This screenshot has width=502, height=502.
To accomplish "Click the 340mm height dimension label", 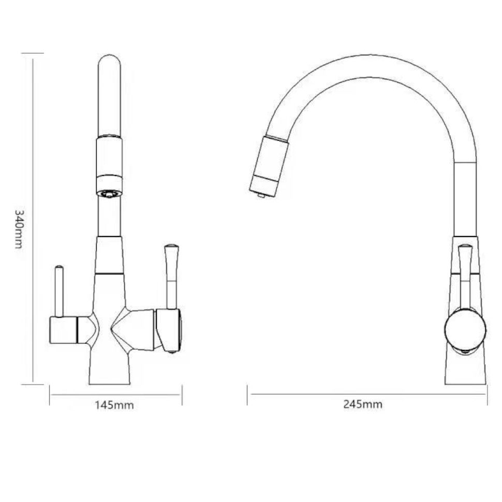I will [x=19, y=228].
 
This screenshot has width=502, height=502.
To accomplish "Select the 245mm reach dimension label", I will [x=363, y=404].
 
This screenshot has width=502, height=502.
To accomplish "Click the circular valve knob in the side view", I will [x=465, y=329].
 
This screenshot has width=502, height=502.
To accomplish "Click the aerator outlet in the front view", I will [x=109, y=194].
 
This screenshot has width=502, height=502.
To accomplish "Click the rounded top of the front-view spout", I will [x=109, y=62].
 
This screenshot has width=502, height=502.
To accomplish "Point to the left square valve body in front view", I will [x=63, y=330].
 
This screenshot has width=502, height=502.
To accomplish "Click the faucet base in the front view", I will [x=109, y=370].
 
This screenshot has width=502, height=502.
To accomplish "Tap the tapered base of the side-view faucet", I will [x=466, y=370].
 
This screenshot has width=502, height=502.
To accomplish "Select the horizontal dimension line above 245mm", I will [x=367, y=395].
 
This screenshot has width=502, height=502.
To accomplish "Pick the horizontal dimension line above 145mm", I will [x=115, y=395].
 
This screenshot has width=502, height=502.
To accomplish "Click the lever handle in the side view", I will [x=465, y=274].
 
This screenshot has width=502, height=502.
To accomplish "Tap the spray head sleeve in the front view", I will [x=109, y=155].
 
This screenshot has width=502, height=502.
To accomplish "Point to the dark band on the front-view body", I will [x=109, y=273].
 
